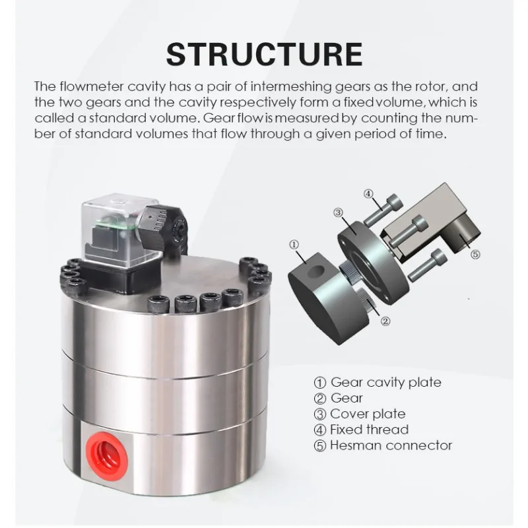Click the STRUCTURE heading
pos(265,54)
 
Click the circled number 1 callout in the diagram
pos(294,244)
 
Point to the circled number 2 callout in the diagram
pos(385,321)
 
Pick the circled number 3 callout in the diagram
pos(338,213)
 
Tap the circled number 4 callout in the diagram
pos(369,194)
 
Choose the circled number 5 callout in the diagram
pos(475,254)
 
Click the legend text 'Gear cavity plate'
pos(386,383)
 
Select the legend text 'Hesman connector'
pos(391,445)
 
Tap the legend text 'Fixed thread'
pos(370,430)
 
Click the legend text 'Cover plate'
pos(368,414)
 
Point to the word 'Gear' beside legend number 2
pos(346,398)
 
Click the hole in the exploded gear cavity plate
pos(316,271)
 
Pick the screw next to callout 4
pos(383,211)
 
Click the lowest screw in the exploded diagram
pos(427,265)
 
